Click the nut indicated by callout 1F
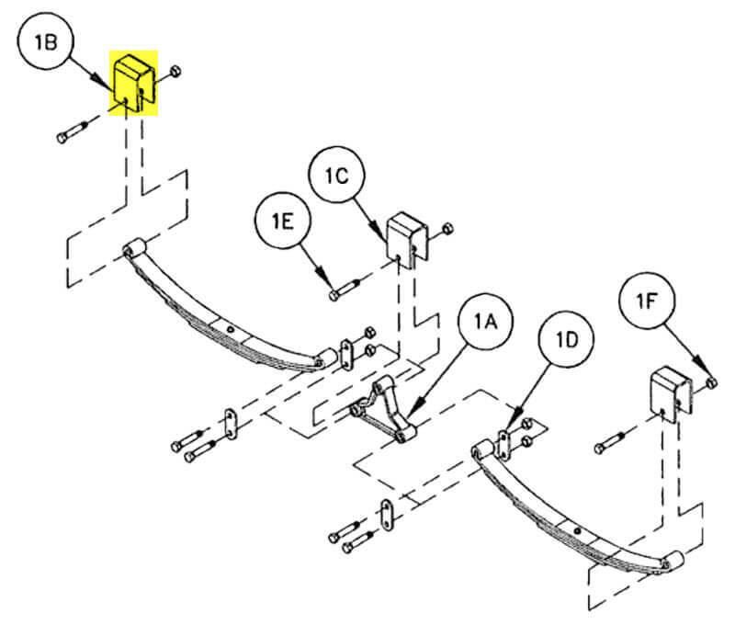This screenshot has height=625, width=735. tap(712, 381)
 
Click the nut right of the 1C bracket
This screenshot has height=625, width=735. tap(447, 229)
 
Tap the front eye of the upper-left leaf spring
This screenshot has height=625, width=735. tap(134, 247)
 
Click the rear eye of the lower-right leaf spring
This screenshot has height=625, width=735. tap(673, 558)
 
